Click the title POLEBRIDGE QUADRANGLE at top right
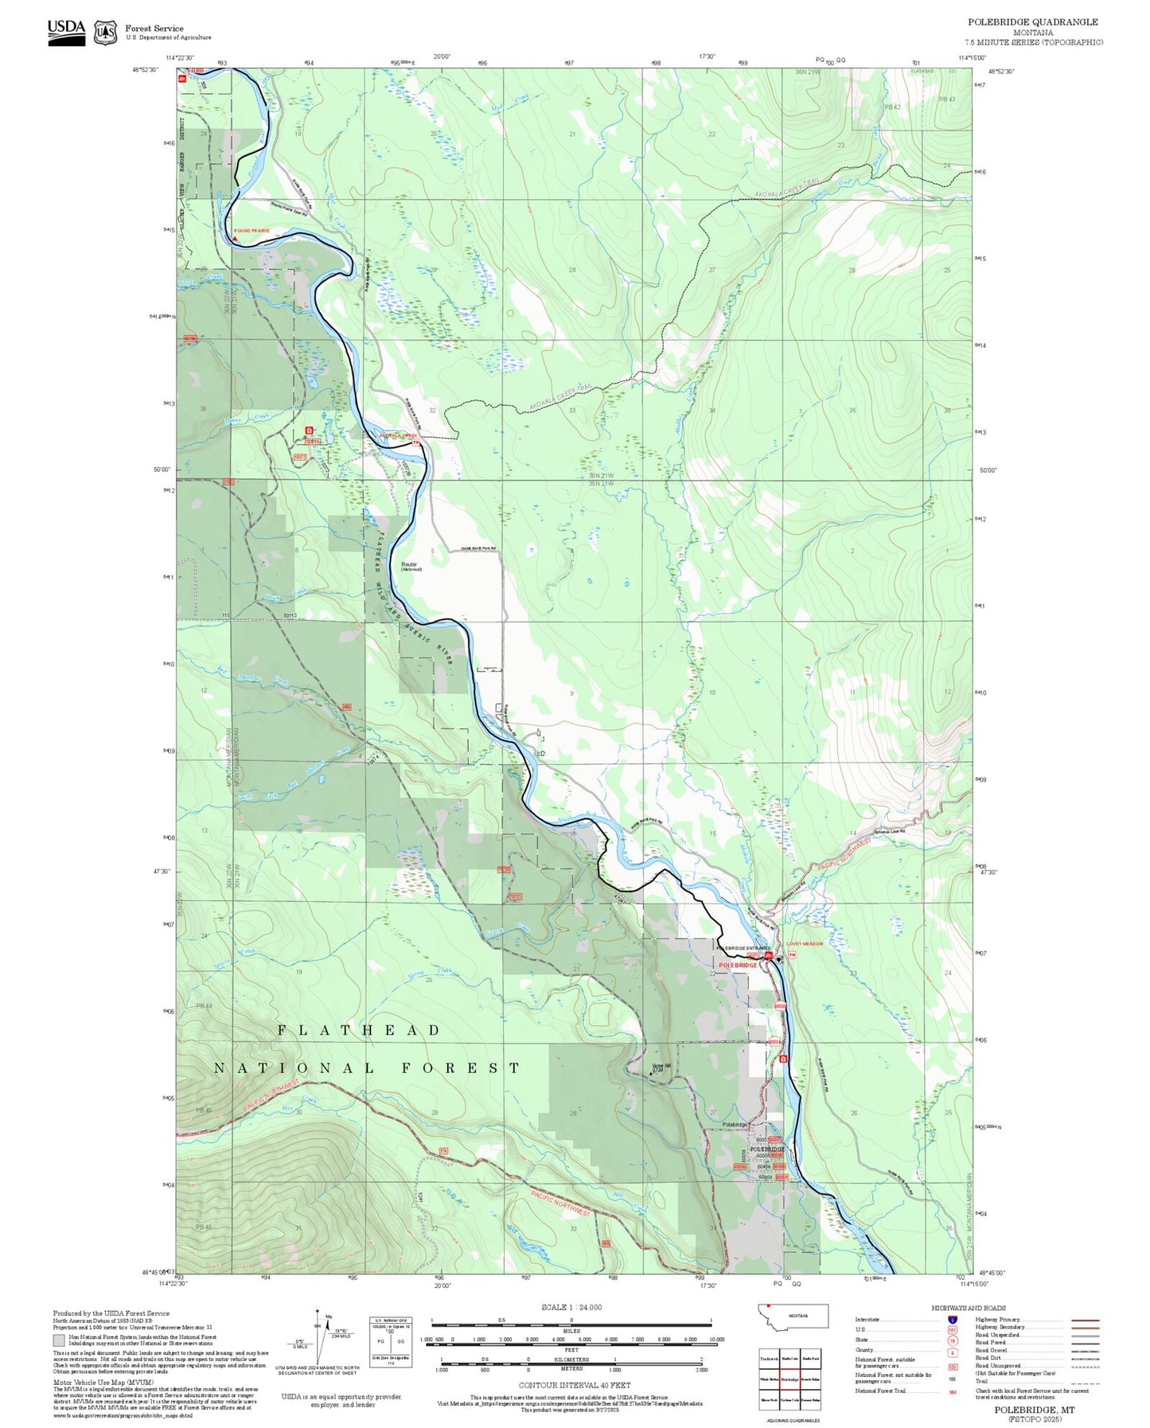pyautogui.click(x=1032, y=22)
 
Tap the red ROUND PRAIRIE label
pyautogui.click(x=251, y=231)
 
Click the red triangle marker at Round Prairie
pyautogui.click(x=235, y=238)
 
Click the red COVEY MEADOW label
pyautogui.click(x=805, y=944)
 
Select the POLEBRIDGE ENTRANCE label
pyautogui.click(x=743, y=948)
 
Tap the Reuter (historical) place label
pyautogui.click(x=410, y=566)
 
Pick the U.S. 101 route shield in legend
pyautogui.click(x=952, y=1329)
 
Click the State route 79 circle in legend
pyautogui.click(x=952, y=1340)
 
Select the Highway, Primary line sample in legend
pyautogui.click(x=1085, y=1320)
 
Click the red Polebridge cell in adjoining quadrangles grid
pyautogui.click(x=789, y=1379)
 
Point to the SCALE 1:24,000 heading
pyautogui.click(x=571, y=1307)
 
